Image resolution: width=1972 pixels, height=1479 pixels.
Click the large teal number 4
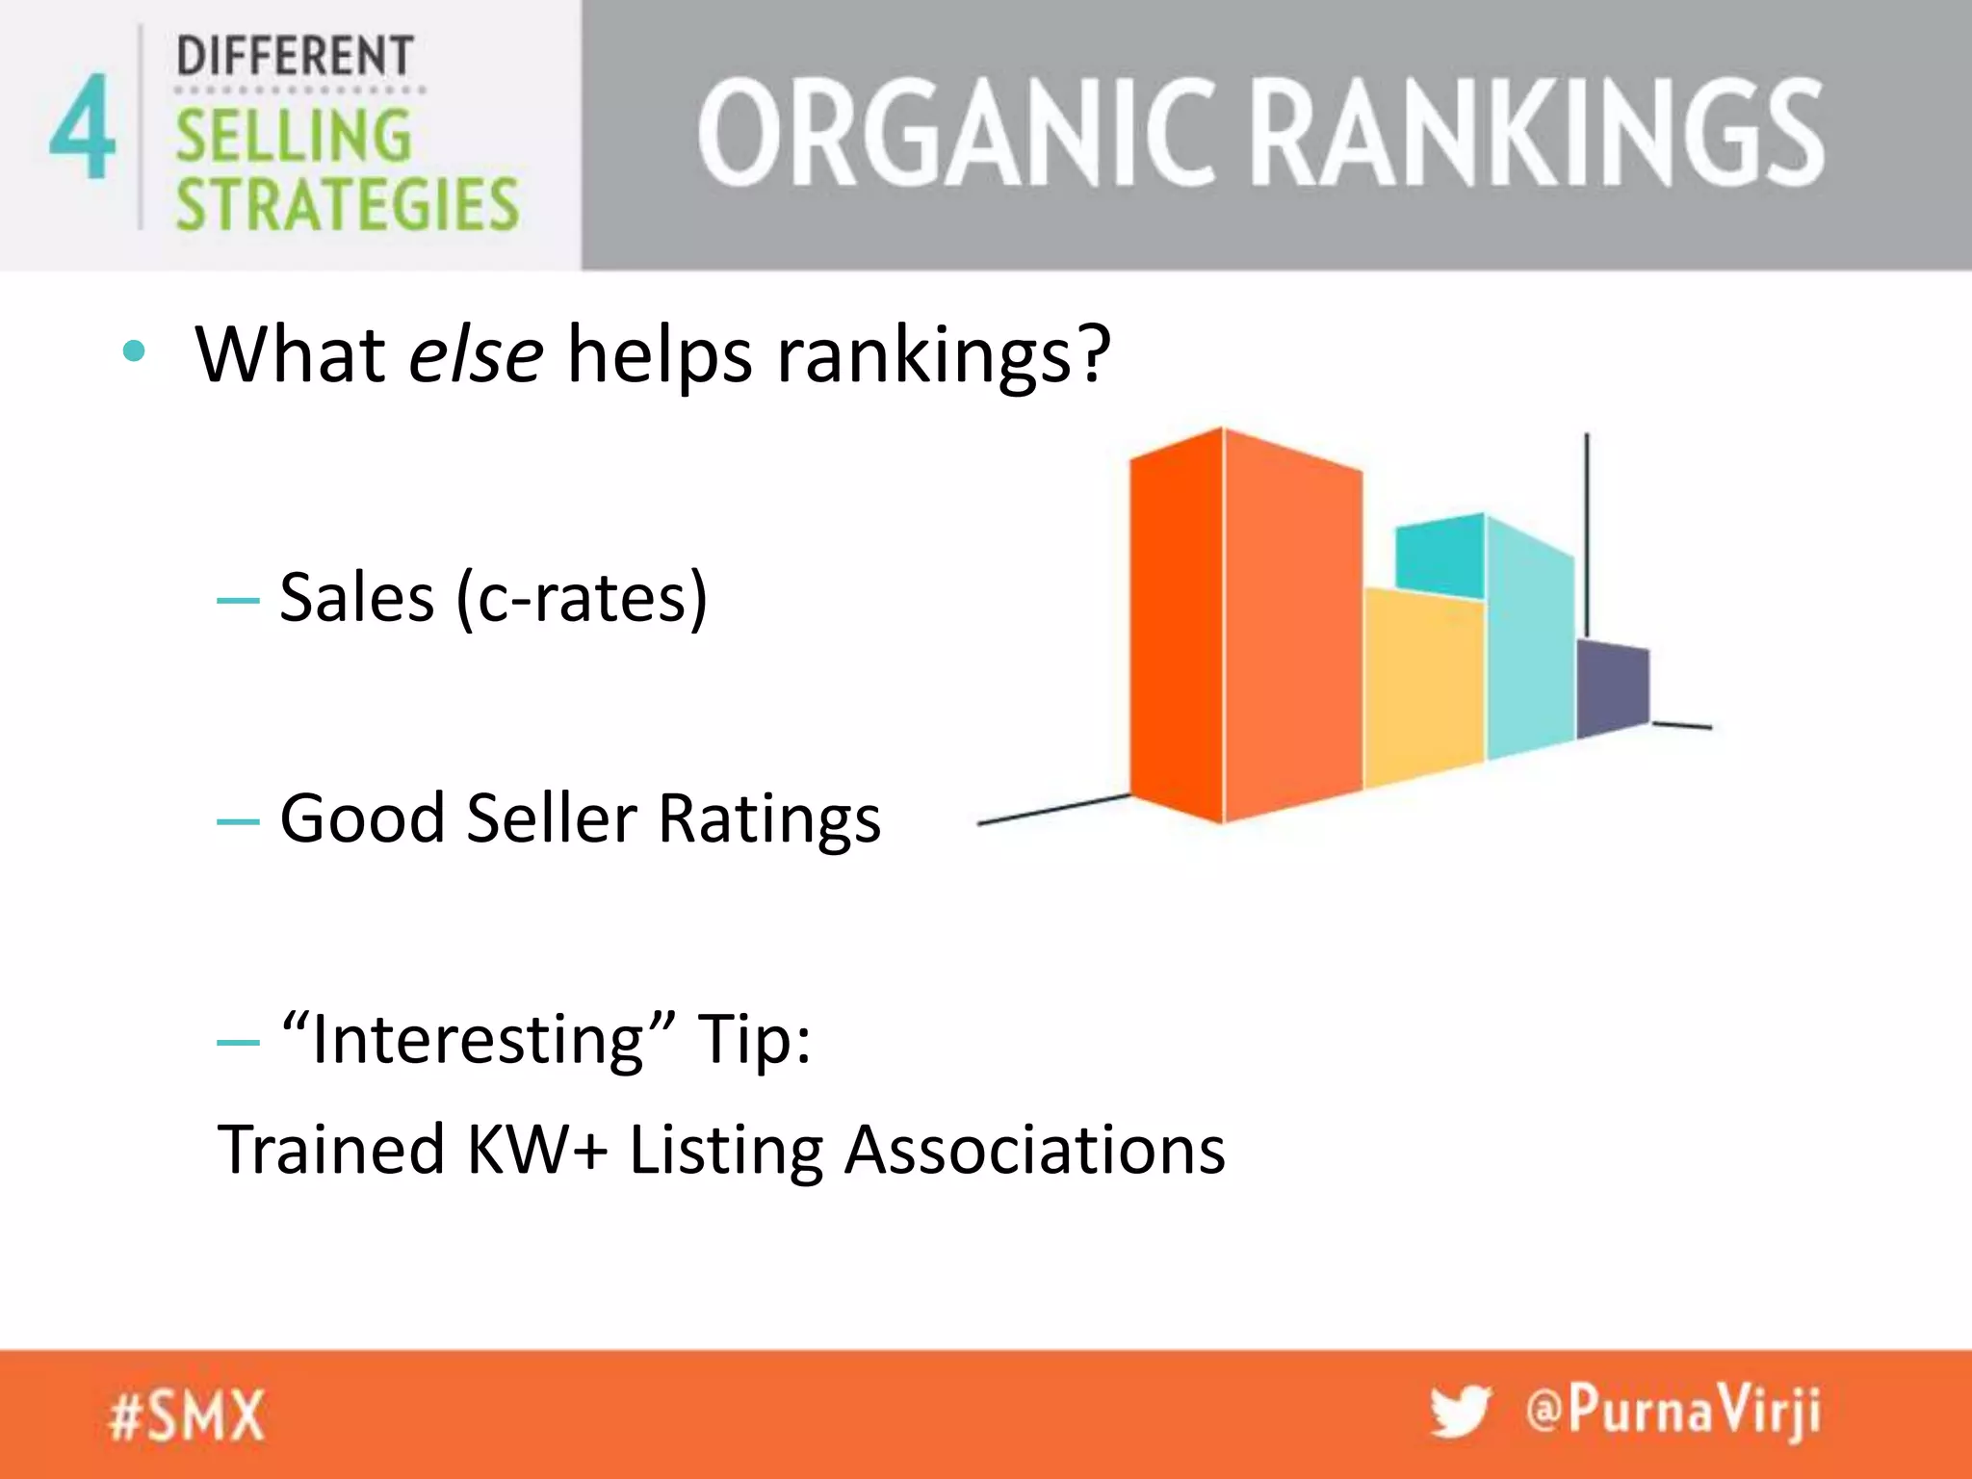83,127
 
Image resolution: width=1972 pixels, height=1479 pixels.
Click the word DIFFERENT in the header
295,56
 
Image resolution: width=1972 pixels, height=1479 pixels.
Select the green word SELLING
294,136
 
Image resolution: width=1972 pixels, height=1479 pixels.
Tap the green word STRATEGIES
347,204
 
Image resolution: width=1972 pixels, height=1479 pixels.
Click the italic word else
476,354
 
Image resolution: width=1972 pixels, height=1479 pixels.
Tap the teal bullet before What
135,352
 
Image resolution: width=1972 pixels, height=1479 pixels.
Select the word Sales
357,599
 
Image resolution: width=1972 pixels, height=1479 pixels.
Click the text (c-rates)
583,599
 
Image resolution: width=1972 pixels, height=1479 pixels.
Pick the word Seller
552,819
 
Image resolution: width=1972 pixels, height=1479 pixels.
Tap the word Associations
1034,1150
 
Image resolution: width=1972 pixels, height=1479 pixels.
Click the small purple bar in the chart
1613,686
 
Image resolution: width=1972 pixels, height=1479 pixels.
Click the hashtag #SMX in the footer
187,1415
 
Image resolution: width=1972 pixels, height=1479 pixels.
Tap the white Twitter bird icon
1460,1412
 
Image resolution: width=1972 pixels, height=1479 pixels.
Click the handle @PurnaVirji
1674,1412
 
